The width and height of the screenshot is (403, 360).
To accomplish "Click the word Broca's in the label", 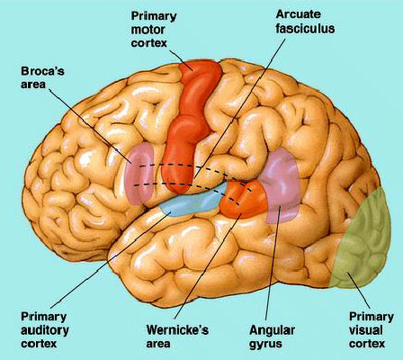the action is [42, 72].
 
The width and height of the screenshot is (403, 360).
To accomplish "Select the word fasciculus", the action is [305, 28].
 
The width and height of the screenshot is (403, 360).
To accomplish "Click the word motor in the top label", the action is [148, 30].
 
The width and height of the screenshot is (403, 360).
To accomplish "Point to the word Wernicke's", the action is [177, 330].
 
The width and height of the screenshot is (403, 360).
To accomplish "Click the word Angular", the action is [272, 330].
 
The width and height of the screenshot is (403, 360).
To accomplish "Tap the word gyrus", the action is [265, 344].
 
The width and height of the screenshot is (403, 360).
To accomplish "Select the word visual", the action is [366, 330].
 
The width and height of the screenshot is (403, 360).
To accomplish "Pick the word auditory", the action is [45, 330].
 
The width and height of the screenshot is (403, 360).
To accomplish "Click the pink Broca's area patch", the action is [139, 174].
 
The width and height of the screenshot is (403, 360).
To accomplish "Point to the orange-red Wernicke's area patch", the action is [244, 200].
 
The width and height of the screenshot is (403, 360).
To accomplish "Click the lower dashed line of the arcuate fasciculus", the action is [186, 184].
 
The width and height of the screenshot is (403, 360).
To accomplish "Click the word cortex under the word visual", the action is [367, 344].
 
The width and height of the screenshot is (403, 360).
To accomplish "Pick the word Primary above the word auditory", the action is [43, 317].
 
